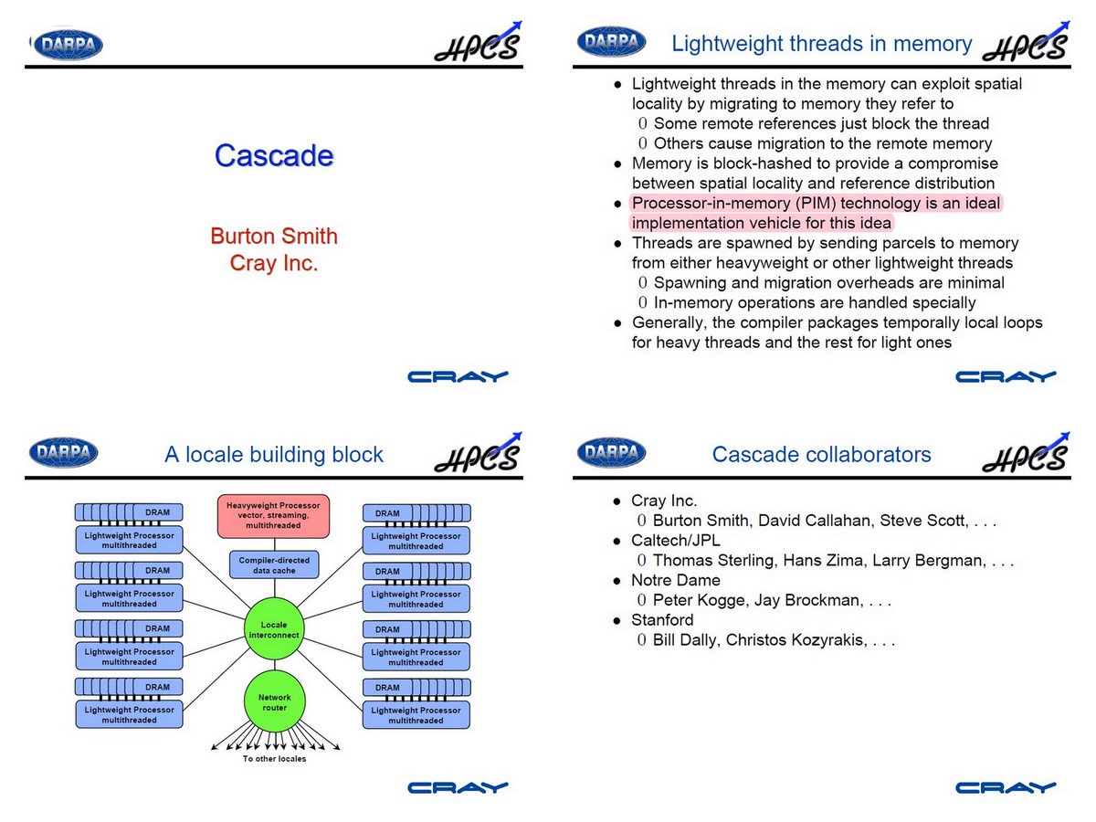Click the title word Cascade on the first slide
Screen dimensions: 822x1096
pos(274,156)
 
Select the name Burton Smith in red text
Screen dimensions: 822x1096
pos(274,237)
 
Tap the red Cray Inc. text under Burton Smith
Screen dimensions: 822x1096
pos(274,264)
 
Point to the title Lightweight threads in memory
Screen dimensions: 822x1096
pos(821,44)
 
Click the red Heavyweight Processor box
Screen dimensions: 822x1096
pos(273,516)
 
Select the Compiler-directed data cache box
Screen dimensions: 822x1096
pos(274,565)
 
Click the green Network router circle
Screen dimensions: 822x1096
pos(274,702)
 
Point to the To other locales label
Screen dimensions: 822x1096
pos(274,759)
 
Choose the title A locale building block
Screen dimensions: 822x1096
pos(274,455)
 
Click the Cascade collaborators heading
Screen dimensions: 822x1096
pos(821,455)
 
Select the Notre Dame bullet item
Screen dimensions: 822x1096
pos(675,581)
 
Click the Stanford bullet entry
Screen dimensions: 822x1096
pos(662,621)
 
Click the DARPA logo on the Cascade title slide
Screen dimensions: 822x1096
pos(68,44)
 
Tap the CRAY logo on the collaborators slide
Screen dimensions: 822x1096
pos(1006,787)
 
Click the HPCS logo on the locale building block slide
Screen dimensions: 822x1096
pos(478,453)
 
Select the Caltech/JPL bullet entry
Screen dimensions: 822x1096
pos(675,541)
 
